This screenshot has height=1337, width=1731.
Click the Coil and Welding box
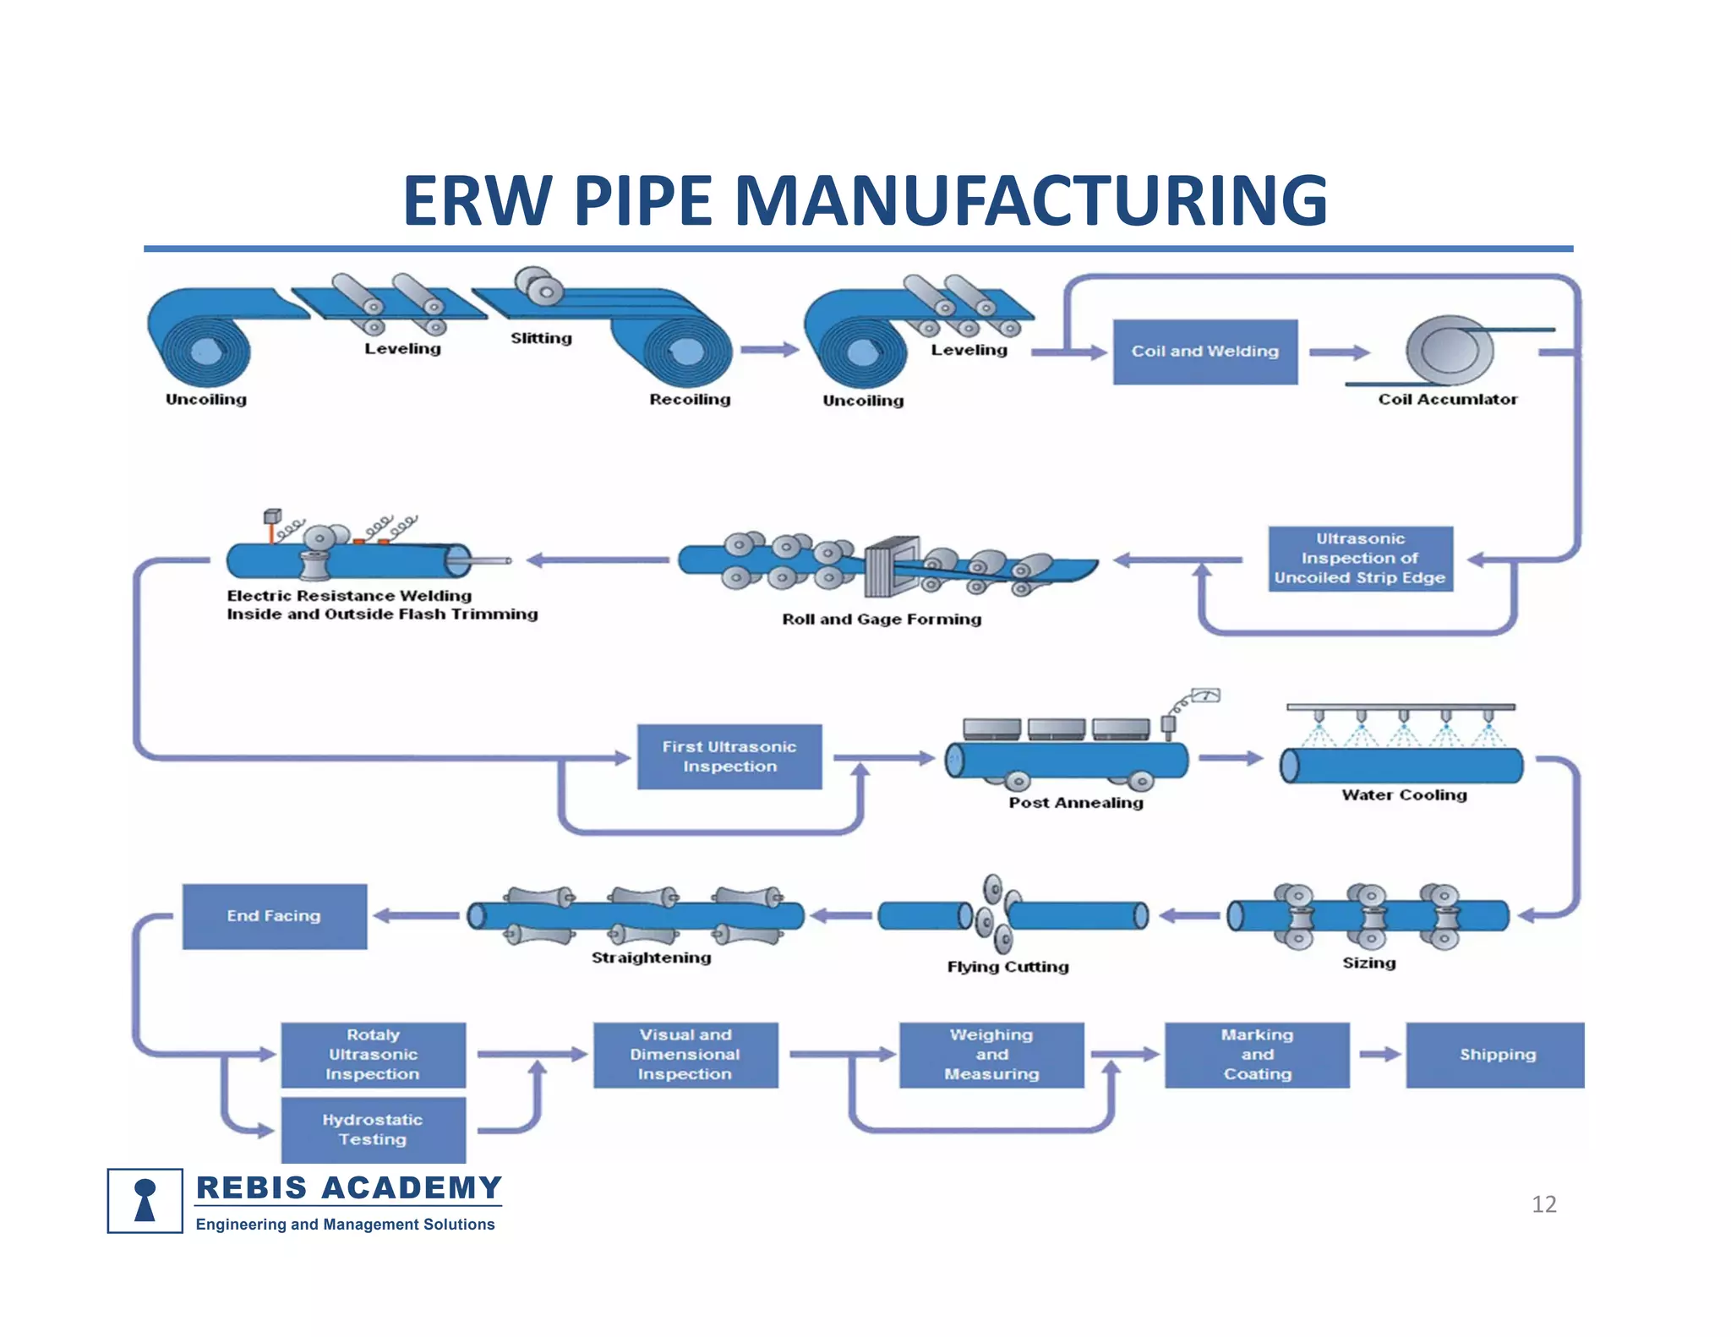click(x=1204, y=352)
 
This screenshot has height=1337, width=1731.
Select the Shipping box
click(x=1494, y=1055)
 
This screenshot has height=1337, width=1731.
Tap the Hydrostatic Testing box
click(x=373, y=1130)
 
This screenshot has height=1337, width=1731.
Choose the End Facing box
click(x=275, y=916)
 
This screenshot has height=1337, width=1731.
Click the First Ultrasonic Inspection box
click(x=729, y=756)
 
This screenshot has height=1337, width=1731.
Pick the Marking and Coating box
click(x=1257, y=1055)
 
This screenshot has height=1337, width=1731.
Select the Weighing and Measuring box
click(x=991, y=1055)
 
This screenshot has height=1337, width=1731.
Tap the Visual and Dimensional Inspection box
click(x=685, y=1055)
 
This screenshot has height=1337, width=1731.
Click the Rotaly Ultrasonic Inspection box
click(x=373, y=1055)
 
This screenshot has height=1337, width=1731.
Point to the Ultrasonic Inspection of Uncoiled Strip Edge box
click(x=1360, y=559)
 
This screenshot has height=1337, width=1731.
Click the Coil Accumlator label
click(x=1447, y=399)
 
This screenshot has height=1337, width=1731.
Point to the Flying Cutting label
click(x=1007, y=966)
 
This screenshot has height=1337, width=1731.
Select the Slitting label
click(x=541, y=338)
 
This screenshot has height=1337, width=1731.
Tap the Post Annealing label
click(x=1075, y=802)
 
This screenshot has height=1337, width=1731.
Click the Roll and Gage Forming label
click(x=882, y=619)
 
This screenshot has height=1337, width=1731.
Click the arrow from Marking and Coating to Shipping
click(x=1379, y=1054)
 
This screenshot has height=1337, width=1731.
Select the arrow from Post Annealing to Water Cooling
click(x=1230, y=757)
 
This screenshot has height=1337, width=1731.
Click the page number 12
click(x=1543, y=1203)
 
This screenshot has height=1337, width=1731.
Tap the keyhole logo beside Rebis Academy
click(x=145, y=1200)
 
